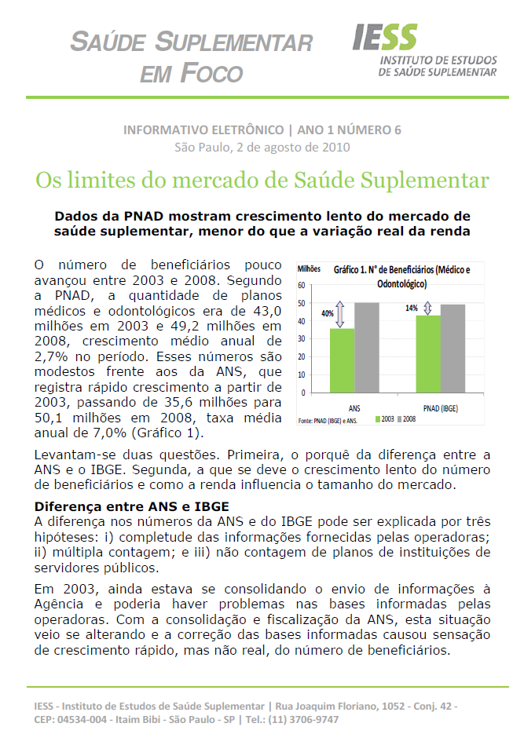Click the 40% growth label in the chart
coord(327,313)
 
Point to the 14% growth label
coord(411,308)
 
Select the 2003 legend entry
coord(384,421)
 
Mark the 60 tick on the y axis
coord(302,284)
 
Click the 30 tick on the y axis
coord(302,338)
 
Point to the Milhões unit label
coord(309,269)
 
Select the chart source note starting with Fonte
coord(328,422)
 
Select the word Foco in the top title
coord(213,73)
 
